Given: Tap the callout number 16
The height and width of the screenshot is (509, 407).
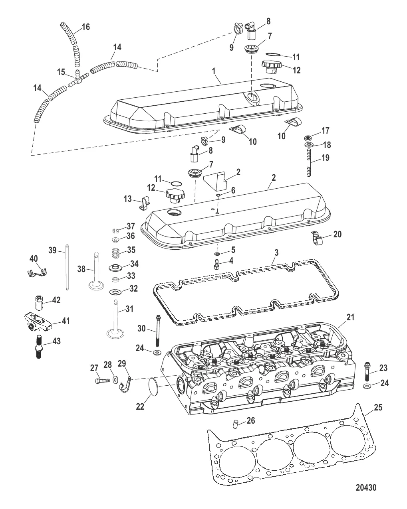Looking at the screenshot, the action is (x=86, y=27).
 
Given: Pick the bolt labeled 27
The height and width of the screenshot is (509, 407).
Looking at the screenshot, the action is (x=102, y=381).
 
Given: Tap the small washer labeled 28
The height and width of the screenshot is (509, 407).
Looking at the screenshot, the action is (x=115, y=381).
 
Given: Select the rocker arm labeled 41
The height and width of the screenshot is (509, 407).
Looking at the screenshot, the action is (x=37, y=323).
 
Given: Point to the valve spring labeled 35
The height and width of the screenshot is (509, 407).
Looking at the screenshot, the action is (x=115, y=253).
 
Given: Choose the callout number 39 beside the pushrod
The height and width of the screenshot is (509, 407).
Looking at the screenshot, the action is (x=52, y=250).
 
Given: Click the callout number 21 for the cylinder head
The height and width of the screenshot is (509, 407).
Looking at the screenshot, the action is (x=350, y=317).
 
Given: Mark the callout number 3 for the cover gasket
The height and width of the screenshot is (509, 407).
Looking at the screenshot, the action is (x=276, y=253).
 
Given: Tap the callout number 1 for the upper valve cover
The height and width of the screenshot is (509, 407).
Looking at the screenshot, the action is (x=214, y=71).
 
